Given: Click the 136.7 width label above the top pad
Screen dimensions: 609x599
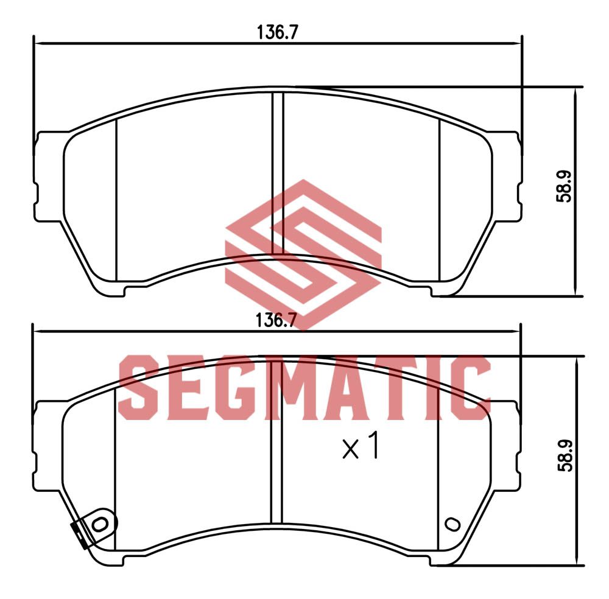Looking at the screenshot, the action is tap(277, 32).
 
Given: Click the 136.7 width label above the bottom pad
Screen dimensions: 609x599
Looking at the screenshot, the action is tap(276, 321).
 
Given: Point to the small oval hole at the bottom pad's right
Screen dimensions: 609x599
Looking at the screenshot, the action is tap(452, 524).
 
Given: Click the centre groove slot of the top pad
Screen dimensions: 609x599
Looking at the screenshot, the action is tap(278, 173).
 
